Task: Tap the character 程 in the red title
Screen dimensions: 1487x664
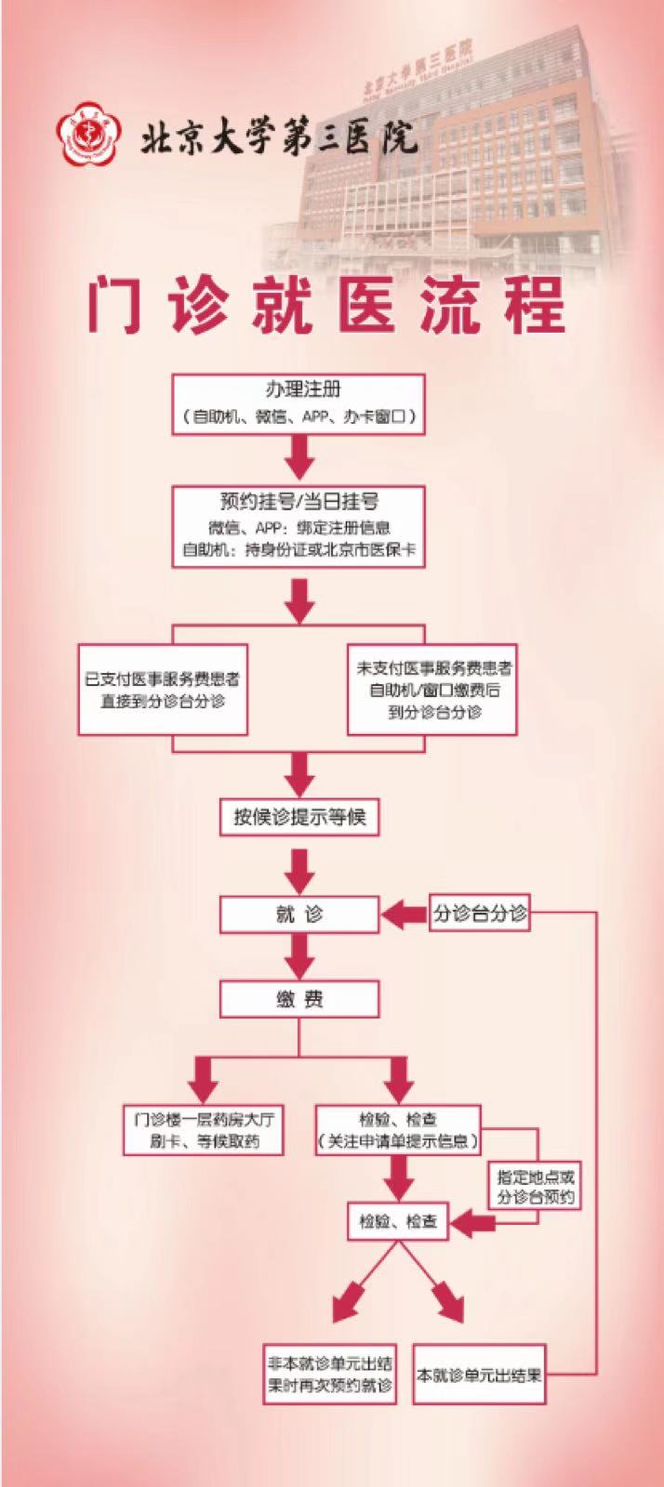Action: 535,304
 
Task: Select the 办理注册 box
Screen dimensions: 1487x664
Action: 299,403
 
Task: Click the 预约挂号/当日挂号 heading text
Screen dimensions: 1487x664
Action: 299,502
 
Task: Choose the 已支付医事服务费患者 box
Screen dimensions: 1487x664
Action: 163,690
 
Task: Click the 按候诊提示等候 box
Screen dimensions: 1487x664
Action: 299,818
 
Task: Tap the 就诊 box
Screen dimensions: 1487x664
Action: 299,915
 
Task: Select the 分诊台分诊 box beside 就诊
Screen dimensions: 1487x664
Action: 480,914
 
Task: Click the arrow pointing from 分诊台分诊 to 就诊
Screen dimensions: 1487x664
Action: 405,915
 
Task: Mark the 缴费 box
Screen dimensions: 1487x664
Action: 299,1000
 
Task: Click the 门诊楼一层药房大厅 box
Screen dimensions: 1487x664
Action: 204,1129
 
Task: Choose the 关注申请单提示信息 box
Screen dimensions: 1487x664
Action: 398,1129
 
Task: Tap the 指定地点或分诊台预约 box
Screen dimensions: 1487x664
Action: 536,1187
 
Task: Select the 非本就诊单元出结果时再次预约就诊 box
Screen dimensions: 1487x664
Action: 330,1375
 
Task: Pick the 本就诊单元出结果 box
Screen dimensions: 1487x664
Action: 479,1375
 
